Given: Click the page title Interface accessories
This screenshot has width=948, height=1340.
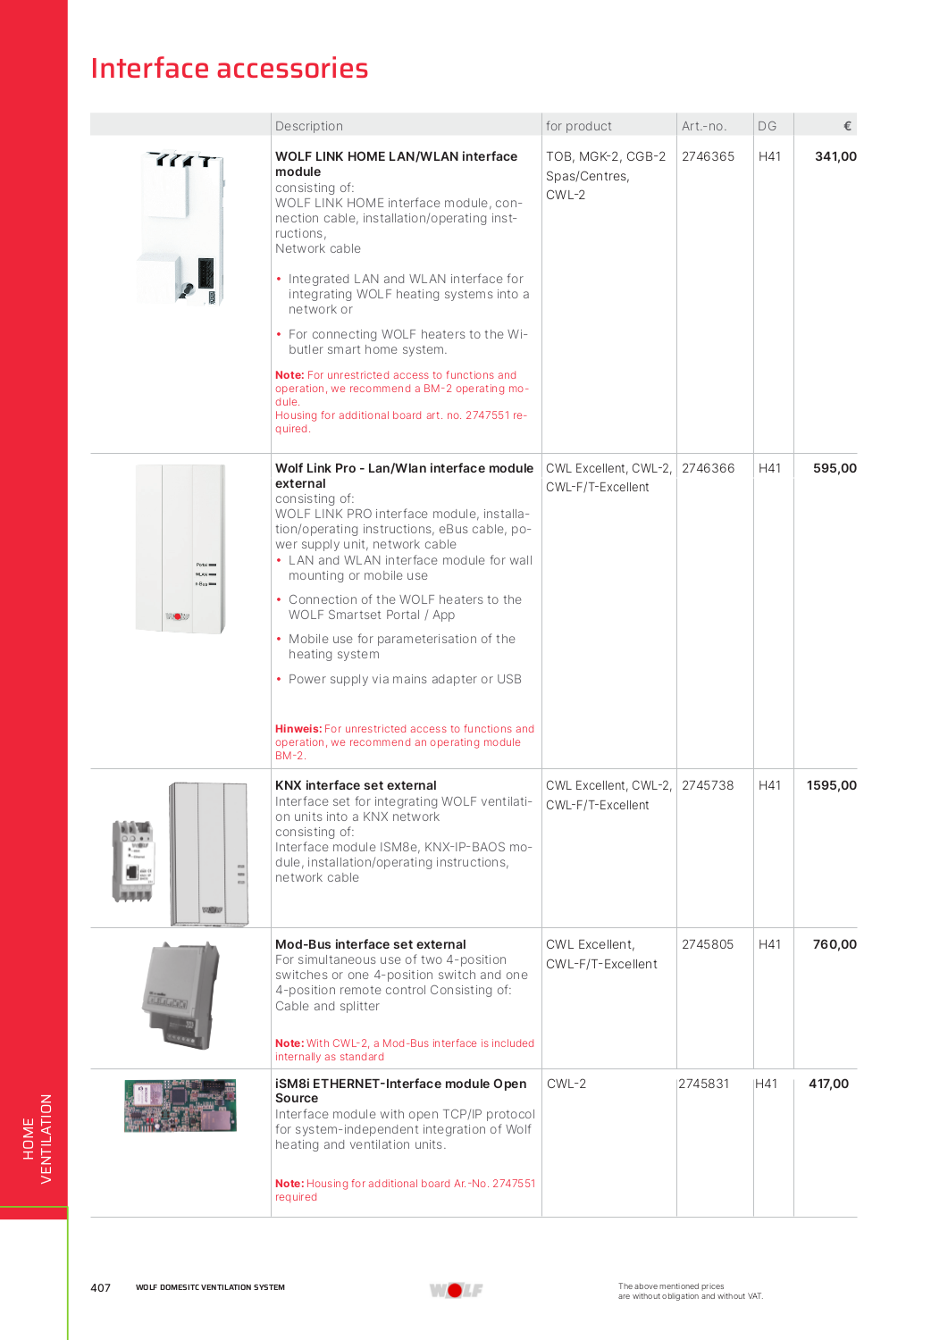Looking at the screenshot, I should coord(230,69).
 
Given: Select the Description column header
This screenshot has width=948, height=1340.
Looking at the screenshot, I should coord(309,126).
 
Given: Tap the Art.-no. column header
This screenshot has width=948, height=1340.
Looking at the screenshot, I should coord(704,126).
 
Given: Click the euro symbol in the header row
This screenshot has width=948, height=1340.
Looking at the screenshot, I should coord(847,126).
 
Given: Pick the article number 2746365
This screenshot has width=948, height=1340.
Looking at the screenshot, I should coord(708,156).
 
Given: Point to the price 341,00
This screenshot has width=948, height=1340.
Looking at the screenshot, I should coord(835,156).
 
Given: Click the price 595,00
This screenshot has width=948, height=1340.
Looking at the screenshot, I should coord(835,468).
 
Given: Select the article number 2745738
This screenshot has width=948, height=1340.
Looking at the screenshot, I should coord(708,785).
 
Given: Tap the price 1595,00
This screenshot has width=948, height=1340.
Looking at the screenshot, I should coord(831,785).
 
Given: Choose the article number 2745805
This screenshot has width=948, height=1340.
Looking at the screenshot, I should coord(708,944).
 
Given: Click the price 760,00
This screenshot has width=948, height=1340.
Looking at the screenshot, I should coord(835,944).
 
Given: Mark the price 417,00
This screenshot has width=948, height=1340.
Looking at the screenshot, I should coord(828,1084).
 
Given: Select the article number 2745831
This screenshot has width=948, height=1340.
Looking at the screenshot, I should coord(704,1084).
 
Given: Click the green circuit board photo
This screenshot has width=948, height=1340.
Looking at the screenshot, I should coord(180,1105).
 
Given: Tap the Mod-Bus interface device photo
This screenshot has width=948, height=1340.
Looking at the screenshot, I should coord(181,995).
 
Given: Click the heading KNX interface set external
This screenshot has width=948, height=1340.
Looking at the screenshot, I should coord(356,785).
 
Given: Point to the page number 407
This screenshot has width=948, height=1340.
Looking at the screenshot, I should coord(100,1287).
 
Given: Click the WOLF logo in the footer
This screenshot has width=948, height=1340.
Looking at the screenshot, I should coord(456,1290).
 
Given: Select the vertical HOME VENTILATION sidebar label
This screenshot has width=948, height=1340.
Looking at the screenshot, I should coord(38,1139).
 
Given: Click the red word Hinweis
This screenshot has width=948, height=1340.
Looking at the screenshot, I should coord(298,729).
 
